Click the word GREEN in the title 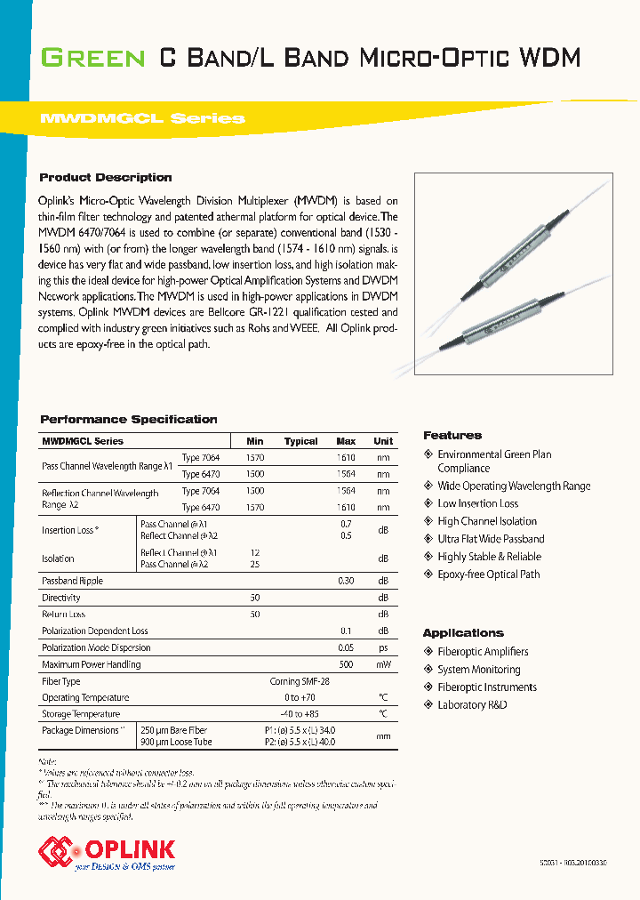pyautogui.click(x=93, y=59)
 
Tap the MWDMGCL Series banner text pyautogui.click(x=142, y=118)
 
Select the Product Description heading pyautogui.click(x=106, y=177)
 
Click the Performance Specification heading pyautogui.click(x=129, y=419)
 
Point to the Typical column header pyautogui.click(x=300, y=441)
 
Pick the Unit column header pyautogui.click(x=383, y=441)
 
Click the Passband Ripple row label pyautogui.click(x=73, y=581)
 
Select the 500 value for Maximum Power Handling pyautogui.click(x=346, y=664)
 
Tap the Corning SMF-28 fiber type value pyautogui.click(x=300, y=681)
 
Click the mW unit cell pyautogui.click(x=383, y=664)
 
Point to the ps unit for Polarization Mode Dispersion pyautogui.click(x=383, y=648)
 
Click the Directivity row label pyautogui.click(x=61, y=599)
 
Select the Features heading pyautogui.click(x=452, y=435)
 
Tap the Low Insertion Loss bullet pyautogui.click(x=477, y=503)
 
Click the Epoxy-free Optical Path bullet pyautogui.click(x=488, y=575)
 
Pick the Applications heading pyautogui.click(x=463, y=633)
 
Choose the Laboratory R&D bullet pyautogui.click(x=472, y=705)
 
